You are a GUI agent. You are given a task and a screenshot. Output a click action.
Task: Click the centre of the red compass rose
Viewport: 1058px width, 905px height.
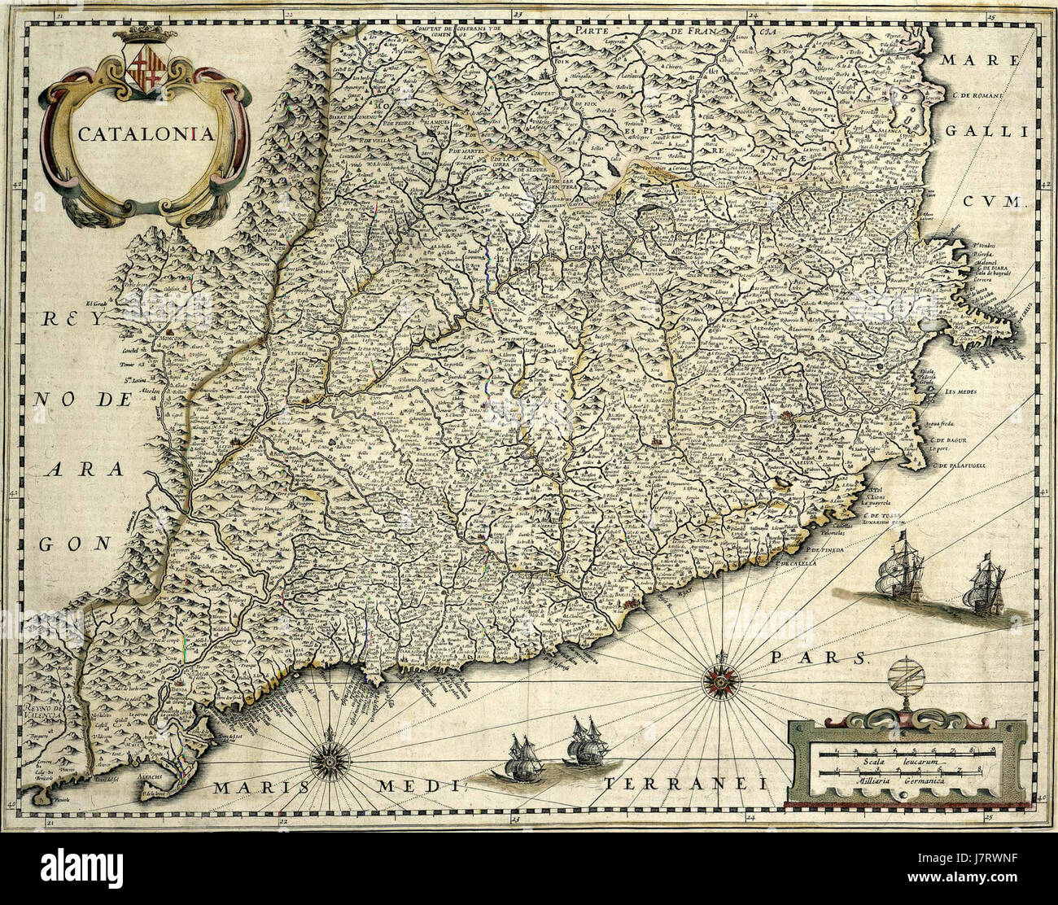pyautogui.click(x=719, y=675)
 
